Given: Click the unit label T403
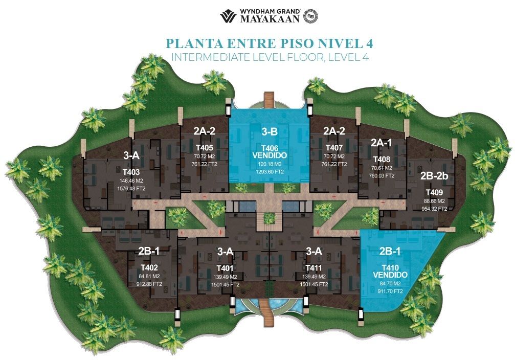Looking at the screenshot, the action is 131,172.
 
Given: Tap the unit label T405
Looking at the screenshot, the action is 204,148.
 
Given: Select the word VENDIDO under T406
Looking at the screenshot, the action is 270,155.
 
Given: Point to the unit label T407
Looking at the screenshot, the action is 334,148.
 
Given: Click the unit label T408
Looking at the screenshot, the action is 382,160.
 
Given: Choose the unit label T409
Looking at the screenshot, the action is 434,192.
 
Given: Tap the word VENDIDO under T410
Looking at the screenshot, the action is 390,275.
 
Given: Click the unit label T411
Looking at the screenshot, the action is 314,268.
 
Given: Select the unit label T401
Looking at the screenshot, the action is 225,268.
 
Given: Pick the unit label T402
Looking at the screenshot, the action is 149,268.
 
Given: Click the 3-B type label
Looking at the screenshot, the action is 270,132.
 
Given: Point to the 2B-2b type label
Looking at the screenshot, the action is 434,176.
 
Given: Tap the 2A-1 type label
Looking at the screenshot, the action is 382,143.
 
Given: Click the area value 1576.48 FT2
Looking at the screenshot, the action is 131,189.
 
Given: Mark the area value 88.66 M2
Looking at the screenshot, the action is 434,201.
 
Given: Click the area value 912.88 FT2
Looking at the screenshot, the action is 149,284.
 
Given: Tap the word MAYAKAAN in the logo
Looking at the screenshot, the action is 270,19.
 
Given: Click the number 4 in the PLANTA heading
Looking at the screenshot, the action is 369,43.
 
